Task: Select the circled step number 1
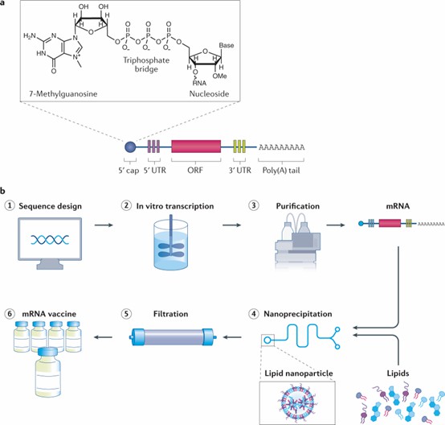10,206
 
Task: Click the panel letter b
5,192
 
